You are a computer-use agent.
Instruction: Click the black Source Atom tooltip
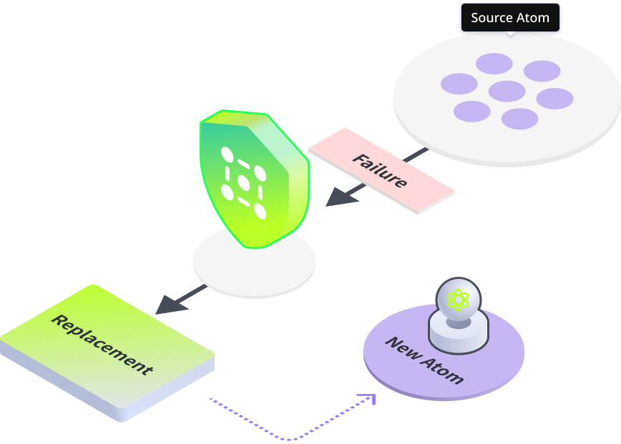(510, 18)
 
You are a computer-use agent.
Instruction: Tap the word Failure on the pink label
(380, 171)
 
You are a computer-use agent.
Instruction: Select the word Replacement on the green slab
(102, 345)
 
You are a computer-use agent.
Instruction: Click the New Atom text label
(424, 360)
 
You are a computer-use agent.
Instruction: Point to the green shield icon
(254, 179)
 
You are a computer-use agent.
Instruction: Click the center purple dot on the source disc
(507, 91)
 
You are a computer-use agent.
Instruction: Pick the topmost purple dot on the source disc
(494, 64)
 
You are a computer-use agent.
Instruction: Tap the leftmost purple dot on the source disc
(459, 84)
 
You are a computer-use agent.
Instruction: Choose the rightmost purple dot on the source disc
(554, 99)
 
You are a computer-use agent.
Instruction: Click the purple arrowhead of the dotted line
(368, 399)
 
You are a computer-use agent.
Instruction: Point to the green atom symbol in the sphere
(458, 300)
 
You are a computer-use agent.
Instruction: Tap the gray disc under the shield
(254, 263)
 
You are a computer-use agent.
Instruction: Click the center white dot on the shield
(243, 182)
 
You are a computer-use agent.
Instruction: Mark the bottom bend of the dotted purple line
(289, 439)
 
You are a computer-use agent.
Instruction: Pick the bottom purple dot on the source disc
(519, 119)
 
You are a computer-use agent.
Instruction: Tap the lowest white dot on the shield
(260, 211)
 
